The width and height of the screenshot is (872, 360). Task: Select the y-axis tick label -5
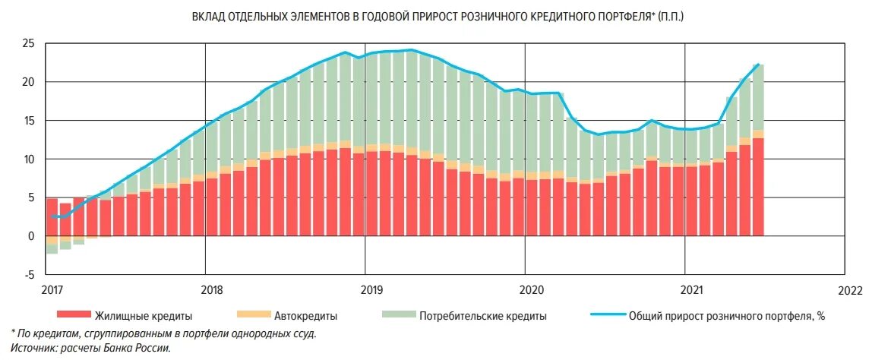tap(29, 275)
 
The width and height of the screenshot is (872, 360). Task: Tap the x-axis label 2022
tap(850, 290)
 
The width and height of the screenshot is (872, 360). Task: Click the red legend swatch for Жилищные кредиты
tap(73, 315)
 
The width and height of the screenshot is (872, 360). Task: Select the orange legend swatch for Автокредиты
tap(253, 315)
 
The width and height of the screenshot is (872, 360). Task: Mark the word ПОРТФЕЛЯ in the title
tap(618, 16)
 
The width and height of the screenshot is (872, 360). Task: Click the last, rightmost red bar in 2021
tap(757, 187)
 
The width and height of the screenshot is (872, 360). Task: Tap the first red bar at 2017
tap(52, 216)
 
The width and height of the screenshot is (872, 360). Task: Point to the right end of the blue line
tap(759, 65)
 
